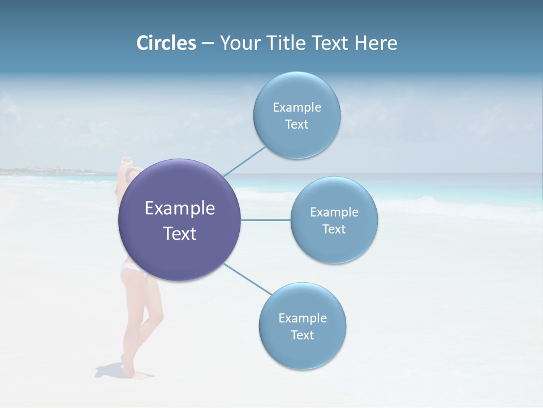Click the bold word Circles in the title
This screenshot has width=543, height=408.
coord(166,42)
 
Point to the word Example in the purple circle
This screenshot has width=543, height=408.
coord(180,209)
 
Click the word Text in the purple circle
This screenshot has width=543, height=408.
coord(180,233)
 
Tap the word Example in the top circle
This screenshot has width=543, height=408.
coord(297,107)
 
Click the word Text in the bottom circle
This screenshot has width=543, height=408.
coord(302,335)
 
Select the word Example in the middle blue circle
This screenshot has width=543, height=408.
coord(334,212)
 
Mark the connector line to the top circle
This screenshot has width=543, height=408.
coord(244,161)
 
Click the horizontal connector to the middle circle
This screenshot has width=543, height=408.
coord(265,220)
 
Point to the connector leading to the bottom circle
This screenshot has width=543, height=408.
coord(247,279)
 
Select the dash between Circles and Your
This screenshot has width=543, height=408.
coord(208,44)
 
